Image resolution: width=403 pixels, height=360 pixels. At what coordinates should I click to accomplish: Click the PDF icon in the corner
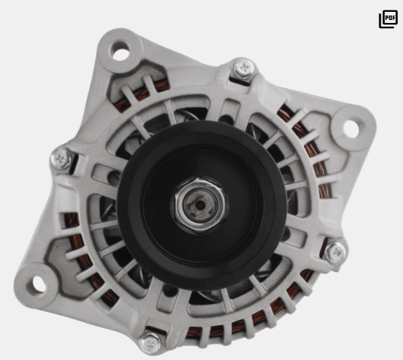388,19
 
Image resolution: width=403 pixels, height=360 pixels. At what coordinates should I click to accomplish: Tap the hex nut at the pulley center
200,205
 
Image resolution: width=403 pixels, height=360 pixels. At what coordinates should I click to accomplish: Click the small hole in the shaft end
200,205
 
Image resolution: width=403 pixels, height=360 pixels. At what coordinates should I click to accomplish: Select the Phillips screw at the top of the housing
244,68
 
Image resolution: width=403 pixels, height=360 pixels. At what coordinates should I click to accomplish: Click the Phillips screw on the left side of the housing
61,159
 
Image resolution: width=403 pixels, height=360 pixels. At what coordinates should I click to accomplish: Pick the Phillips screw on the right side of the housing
336,253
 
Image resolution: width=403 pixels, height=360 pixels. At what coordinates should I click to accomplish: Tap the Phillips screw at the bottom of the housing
150,343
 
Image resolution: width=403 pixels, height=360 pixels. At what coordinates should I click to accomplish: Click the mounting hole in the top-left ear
119,50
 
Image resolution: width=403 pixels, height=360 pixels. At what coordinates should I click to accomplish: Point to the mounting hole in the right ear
350,129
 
